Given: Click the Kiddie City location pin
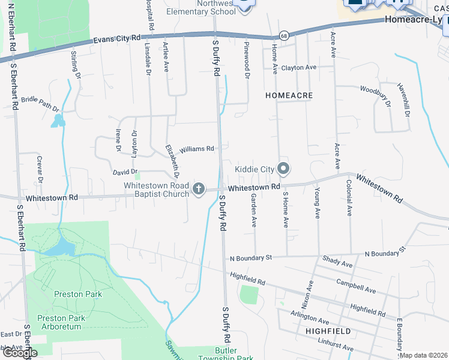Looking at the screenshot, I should (284, 169).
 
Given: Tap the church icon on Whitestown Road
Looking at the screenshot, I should (199, 190).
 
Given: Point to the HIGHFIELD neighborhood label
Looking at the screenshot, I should (328, 331).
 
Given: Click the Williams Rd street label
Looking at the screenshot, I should (197, 149).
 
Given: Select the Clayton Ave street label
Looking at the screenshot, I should (298, 68).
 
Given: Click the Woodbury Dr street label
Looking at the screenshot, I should (375, 95).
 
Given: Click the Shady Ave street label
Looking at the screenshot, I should (337, 262).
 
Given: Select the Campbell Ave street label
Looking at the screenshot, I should (356, 286).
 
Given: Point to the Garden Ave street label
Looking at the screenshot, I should (254, 211).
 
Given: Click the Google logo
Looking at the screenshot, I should (19, 353).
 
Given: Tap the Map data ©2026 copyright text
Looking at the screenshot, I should (423, 355).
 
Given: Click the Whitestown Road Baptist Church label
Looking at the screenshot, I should (157, 190).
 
